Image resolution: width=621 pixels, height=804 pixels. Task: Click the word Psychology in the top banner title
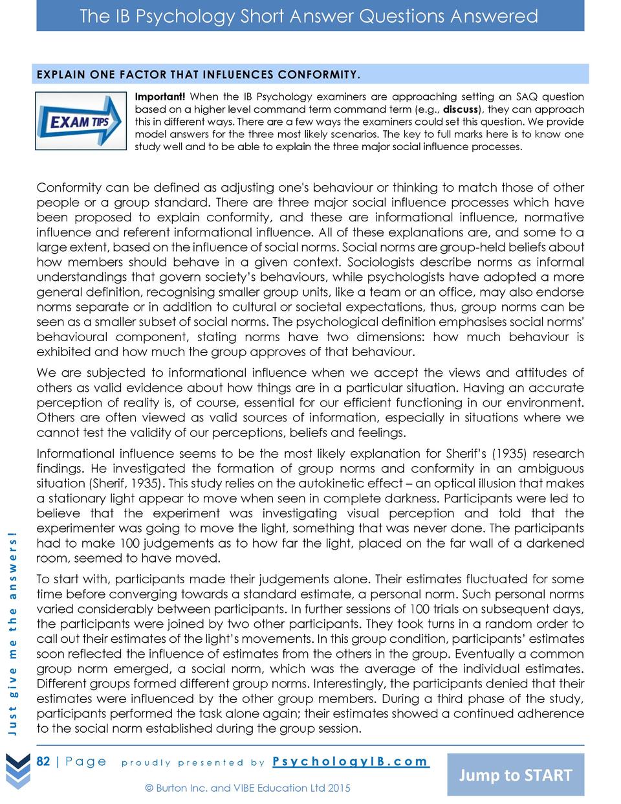[189, 16]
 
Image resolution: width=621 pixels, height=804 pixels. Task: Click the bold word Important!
[160, 97]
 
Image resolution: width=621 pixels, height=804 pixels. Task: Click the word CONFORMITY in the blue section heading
[318, 74]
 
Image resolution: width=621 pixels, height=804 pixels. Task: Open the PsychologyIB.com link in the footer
[351, 761]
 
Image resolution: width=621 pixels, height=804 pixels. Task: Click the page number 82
[43, 761]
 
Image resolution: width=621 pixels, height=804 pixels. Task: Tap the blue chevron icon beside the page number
[17, 772]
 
